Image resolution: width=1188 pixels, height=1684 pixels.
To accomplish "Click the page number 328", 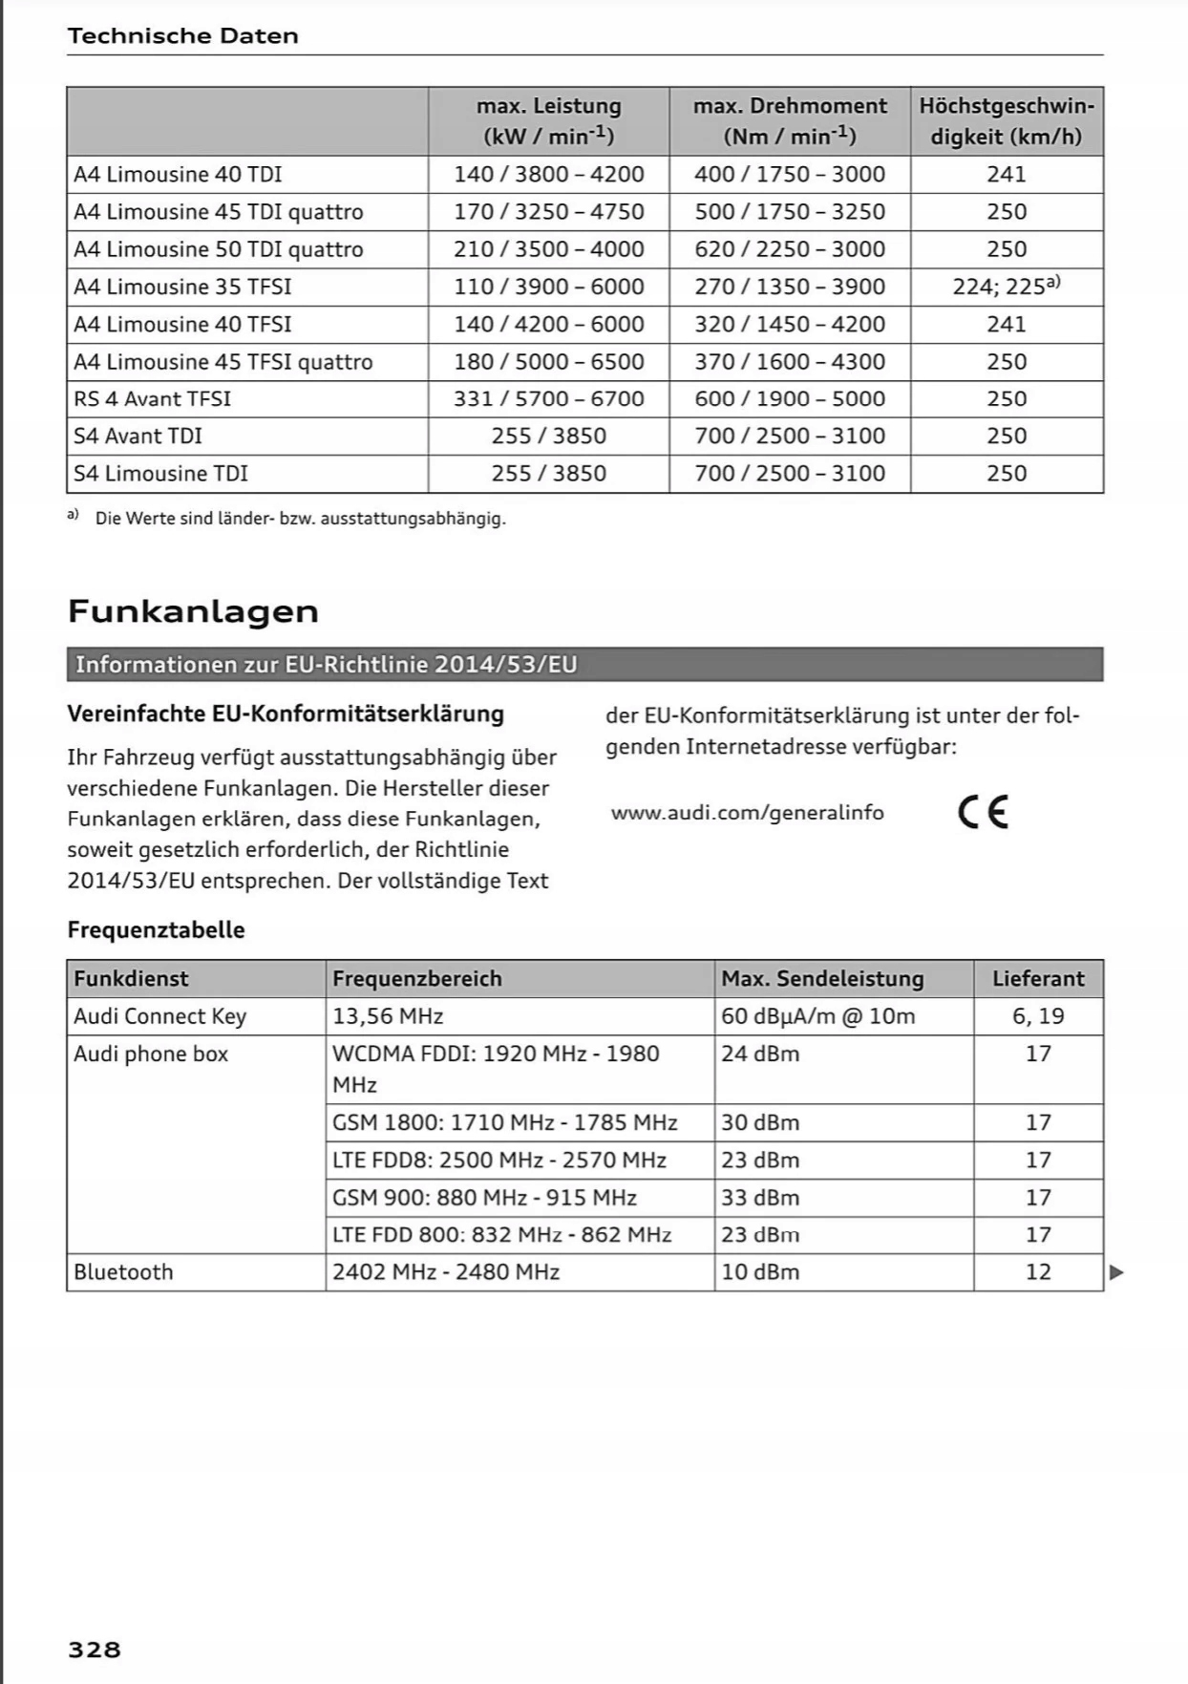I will click(95, 1650).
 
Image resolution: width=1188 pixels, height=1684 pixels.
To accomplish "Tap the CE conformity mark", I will click(983, 812).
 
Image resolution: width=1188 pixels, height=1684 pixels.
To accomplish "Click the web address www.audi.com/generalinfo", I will click(747, 813).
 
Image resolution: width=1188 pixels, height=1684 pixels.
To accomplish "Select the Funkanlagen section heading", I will click(193, 611).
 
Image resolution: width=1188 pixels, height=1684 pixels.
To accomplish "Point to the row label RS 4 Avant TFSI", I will click(153, 398).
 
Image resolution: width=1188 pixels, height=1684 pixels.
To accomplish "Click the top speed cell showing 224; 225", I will click(1007, 287).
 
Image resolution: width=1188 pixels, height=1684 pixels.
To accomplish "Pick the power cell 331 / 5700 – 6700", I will click(549, 398).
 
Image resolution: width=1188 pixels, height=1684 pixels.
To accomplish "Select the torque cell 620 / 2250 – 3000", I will click(790, 249).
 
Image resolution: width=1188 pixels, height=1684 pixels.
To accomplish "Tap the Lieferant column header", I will click(1038, 978).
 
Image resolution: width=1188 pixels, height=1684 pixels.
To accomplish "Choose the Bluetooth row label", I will click(124, 1272).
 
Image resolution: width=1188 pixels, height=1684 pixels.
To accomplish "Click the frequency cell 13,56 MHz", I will click(388, 1016).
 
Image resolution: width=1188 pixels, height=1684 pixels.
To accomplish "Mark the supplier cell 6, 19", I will click(1038, 1016).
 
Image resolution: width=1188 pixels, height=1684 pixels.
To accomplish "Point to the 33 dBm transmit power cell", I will click(760, 1198).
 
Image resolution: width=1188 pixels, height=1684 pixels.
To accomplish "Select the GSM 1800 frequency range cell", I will click(505, 1122).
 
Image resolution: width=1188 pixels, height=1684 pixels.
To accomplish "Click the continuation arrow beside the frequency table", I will click(1116, 1272).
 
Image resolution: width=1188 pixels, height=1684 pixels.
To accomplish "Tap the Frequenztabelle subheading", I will click(156, 930).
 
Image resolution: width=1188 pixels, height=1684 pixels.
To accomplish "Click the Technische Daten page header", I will click(182, 36).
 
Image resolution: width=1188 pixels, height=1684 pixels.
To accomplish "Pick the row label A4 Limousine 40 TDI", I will click(178, 175).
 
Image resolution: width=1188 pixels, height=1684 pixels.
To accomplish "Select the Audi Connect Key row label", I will click(159, 1016).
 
